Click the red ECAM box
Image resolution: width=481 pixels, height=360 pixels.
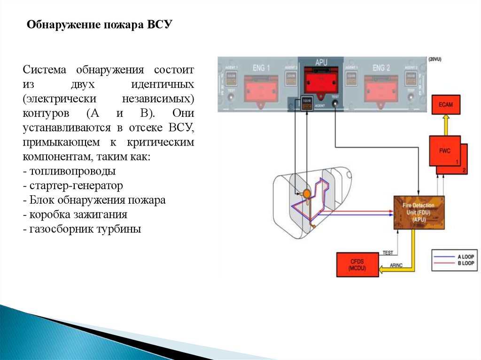coord(446,105)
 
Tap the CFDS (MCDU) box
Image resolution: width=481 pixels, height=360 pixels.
coord(357,264)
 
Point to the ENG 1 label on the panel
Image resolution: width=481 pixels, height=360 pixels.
coord(262,68)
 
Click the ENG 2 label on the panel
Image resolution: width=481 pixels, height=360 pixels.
coord(381,68)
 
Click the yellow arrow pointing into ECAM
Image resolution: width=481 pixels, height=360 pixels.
coord(446,125)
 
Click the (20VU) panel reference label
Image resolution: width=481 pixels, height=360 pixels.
coord(434,59)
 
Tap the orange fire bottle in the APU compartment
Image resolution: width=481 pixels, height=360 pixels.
coord(307,192)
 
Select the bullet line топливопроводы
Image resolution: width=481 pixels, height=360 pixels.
coord(72,171)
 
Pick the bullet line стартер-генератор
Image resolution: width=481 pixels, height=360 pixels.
coord(76,185)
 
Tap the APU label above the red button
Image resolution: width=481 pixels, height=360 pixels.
coord(321,61)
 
